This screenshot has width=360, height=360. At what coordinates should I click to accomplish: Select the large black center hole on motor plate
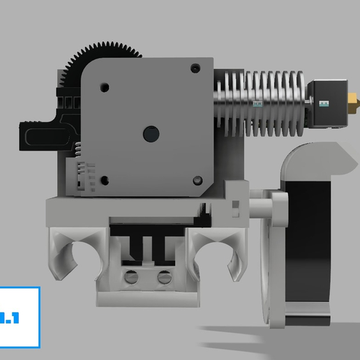click(x=149, y=133)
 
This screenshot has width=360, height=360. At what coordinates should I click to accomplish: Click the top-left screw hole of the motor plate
click(x=105, y=87)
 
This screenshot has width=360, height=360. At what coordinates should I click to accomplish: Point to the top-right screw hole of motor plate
click(x=194, y=68)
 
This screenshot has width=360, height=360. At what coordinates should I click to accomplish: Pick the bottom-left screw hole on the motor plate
click(x=105, y=180)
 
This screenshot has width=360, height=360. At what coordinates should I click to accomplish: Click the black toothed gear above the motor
click(x=105, y=52)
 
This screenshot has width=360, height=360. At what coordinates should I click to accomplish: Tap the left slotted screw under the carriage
click(x=130, y=276)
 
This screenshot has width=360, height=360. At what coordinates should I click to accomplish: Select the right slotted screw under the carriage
click(x=165, y=276)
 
